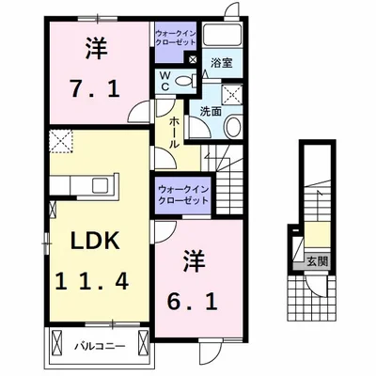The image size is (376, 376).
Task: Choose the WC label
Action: [x=165, y=81]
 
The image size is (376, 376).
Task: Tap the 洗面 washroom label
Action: [x=210, y=112]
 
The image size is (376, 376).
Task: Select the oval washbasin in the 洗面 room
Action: [x=232, y=128]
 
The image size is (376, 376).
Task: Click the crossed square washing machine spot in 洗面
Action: [x=230, y=94]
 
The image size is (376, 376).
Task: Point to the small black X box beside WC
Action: [x=193, y=59]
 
